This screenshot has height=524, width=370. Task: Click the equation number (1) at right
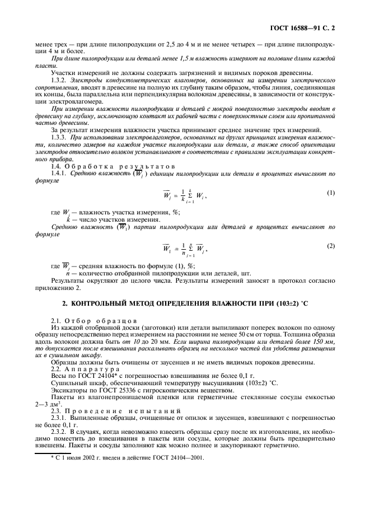[x=330, y=193]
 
